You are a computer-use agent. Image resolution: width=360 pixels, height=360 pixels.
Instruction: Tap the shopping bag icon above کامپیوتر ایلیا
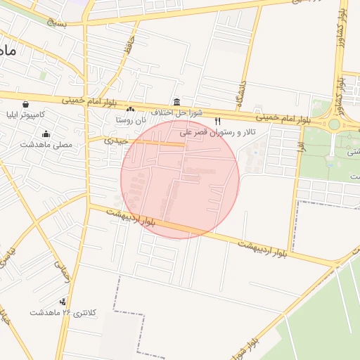25,104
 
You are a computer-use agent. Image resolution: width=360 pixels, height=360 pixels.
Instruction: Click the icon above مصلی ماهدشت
46,134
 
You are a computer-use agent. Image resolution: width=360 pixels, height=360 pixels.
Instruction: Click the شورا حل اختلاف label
176,112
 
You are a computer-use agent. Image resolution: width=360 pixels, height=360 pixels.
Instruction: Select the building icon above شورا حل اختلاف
176,102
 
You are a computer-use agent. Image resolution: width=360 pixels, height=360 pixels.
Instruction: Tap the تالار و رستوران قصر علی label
218,132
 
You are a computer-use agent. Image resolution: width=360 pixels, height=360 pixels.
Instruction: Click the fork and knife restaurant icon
217,122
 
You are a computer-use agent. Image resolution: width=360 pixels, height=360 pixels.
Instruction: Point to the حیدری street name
116,141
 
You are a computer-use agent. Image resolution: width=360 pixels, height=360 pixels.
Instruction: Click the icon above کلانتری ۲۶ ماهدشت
64,302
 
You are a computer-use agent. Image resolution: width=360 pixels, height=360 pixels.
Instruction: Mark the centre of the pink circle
180,179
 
